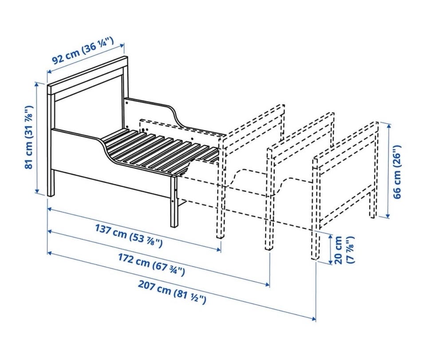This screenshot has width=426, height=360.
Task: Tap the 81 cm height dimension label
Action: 29,137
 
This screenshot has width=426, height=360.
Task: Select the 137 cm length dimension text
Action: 129,235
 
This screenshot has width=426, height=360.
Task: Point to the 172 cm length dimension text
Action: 151,264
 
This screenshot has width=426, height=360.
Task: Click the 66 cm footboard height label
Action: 397,172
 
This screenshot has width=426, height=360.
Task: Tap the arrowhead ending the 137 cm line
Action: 219,250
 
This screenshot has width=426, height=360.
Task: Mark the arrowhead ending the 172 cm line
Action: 268,284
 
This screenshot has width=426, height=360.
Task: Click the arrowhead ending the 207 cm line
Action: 314,319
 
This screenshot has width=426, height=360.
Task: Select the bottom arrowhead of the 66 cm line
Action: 388,215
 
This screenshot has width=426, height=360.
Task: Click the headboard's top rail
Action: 87,74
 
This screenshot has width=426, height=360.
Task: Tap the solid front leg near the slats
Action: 174,201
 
